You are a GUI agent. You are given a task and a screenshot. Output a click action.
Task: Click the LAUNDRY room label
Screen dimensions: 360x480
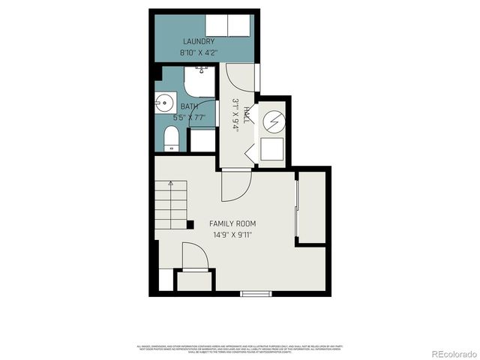pos(198,41)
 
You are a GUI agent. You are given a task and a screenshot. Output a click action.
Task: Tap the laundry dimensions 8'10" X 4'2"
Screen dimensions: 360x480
pos(198,53)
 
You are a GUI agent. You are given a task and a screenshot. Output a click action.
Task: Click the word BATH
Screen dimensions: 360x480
pos(189,106)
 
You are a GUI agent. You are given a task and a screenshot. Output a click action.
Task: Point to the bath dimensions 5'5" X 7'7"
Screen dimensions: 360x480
pos(190,118)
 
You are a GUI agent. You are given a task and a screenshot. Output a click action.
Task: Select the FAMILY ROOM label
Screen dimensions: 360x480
pos(232,223)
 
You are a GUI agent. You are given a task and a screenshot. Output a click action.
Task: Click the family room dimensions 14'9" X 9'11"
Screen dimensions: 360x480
pos(232,235)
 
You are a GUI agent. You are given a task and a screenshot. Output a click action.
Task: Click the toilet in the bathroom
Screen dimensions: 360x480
pos(171,139)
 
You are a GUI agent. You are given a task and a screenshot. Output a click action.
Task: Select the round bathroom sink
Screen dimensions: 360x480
pos(165,103)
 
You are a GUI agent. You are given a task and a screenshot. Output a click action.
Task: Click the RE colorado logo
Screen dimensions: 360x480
pos(448,352)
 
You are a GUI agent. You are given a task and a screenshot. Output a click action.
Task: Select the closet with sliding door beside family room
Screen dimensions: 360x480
pos(311,208)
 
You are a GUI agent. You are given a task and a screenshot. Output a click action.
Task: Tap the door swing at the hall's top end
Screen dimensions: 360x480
pos(238,79)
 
